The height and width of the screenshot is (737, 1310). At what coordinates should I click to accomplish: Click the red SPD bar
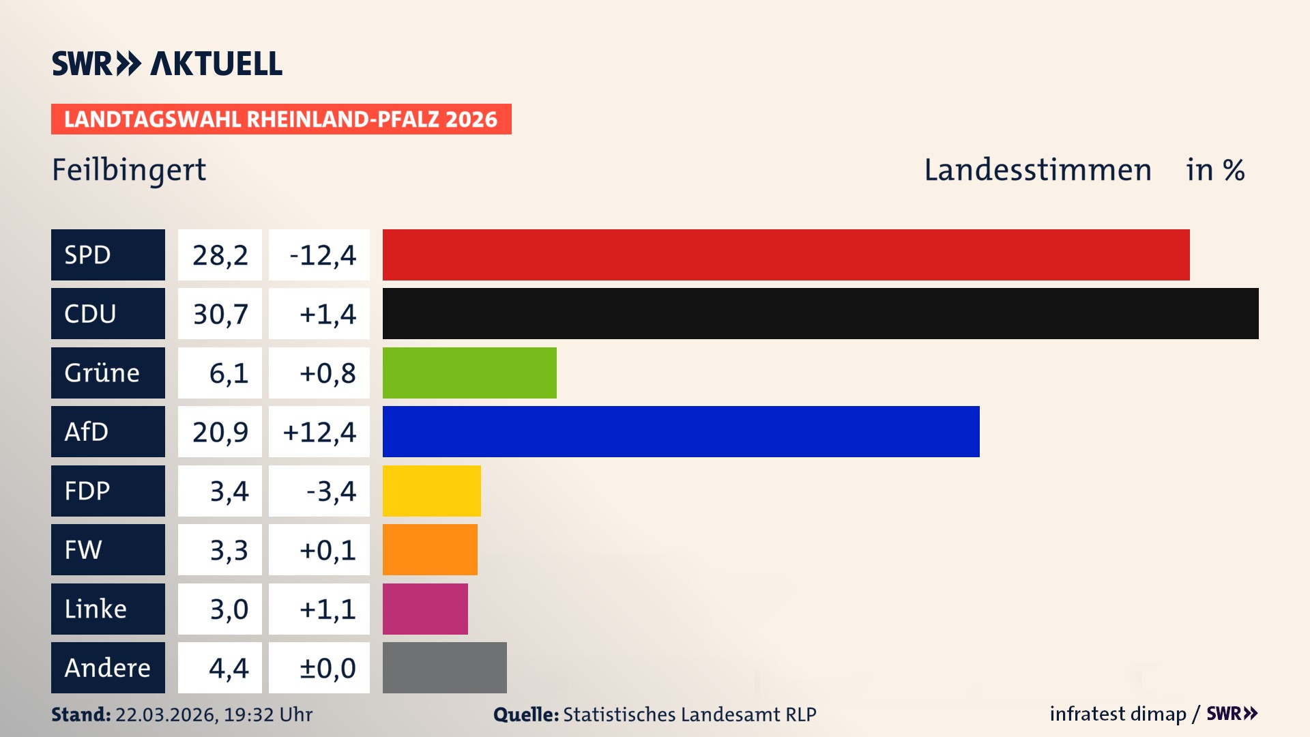click(x=785, y=255)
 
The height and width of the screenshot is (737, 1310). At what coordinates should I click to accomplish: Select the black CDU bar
click(x=820, y=313)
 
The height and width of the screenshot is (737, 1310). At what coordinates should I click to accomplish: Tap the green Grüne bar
click(x=469, y=373)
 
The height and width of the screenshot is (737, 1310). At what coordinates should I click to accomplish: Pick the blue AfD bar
click(x=681, y=431)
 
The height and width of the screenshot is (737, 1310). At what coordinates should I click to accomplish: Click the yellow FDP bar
click(x=431, y=491)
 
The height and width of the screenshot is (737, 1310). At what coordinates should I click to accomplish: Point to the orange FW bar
click(x=430, y=549)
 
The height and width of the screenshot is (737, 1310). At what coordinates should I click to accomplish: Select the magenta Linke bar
click(x=425, y=609)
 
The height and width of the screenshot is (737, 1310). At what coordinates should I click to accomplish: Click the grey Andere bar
click(x=444, y=667)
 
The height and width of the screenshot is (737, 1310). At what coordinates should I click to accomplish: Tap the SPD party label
click(x=108, y=255)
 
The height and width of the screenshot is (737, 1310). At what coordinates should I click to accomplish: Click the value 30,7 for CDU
click(x=220, y=314)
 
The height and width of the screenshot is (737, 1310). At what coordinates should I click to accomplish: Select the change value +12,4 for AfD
click(x=319, y=432)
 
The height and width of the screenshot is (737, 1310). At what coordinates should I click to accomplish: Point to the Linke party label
click(x=108, y=609)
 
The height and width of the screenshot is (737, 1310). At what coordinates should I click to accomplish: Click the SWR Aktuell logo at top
click(x=166, y=63)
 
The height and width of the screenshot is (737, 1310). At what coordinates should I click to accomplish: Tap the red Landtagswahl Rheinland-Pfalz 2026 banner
click(x=280, y=119)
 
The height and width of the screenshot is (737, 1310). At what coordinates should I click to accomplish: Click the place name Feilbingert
click(x=129, y=170)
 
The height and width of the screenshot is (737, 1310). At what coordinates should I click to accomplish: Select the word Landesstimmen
click(x=1037, y=170)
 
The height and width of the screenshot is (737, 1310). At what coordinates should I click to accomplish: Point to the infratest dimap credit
click(x=1117, y=714)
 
